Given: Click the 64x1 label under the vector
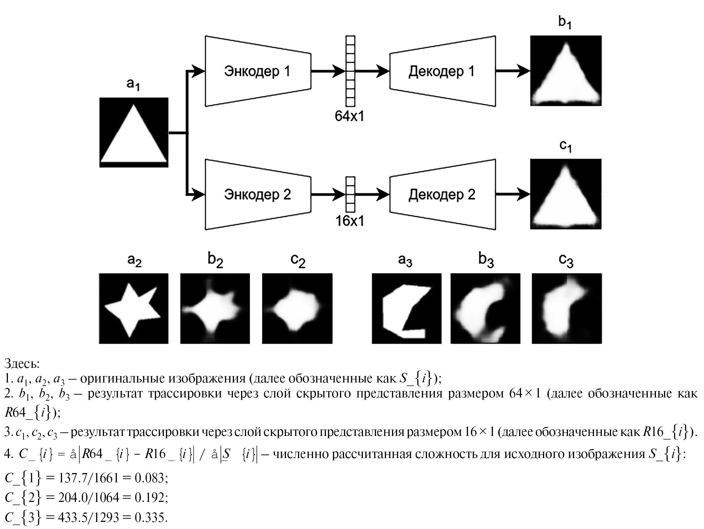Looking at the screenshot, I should pyautogui.click(x=350, y=116).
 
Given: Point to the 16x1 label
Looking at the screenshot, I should pyautogui.click(x=350, y=221).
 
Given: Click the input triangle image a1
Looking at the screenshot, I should pyautogui.click(x=134, y=132).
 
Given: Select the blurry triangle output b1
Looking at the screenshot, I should pyautogui.click(x=565, y=71).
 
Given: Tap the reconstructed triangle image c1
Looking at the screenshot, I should pyautogui.click(x=565, y=194).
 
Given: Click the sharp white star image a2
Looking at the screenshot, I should pyautogui.click(x=134, y=308).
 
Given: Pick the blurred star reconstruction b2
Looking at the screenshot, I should pyautogui.click(x=215, y=308).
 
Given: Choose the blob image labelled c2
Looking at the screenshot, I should pyautogui.click(x=297, y=308).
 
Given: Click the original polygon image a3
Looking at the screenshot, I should pyautogui.click(x=406, y=308).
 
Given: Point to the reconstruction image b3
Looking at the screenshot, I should pyautogui.click(x=485, y=308).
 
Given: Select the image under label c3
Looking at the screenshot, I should pyautogui.click(x=567, y=308).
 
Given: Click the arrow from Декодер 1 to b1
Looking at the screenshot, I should pyautogui.click(x=512, y=71).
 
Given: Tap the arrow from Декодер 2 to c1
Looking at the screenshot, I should pyautogui.click(x=512, y=194).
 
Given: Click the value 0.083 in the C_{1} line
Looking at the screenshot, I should pyautogui.click(x=150, y=478).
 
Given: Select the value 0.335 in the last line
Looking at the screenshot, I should pyautogui.click(x=150, y=517).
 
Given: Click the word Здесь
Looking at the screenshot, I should pyautogui.click(x=22, y=364).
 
